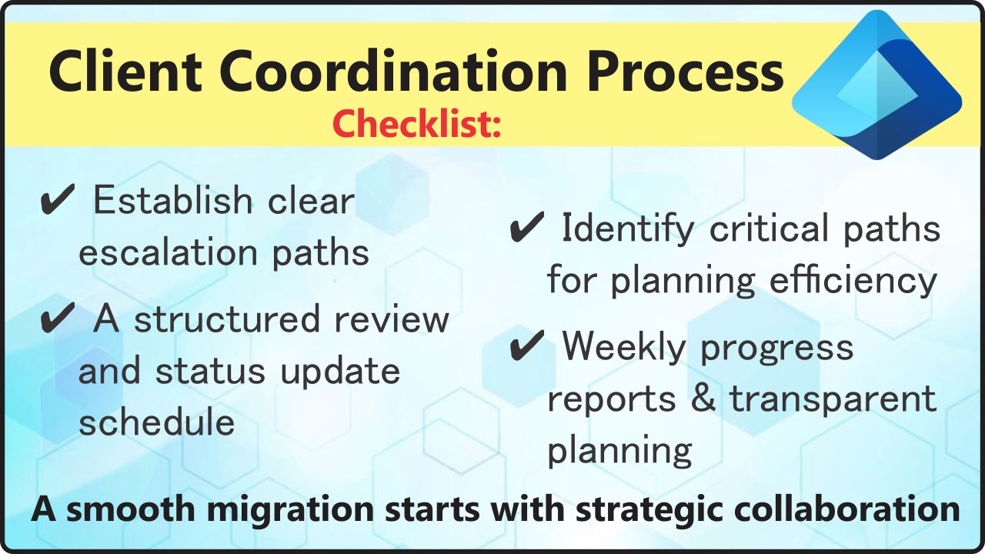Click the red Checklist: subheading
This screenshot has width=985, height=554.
point(416,124)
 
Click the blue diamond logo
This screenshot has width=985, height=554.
point(876,85)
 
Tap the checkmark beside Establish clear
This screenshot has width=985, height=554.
point(57,199)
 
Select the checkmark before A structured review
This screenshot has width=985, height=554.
point(57,318)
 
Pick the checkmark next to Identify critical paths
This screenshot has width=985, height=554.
point(527,227)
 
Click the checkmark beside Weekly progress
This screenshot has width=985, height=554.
point(527,345)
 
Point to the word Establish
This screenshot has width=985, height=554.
point(173,199)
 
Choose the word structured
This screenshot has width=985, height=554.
point(227,319)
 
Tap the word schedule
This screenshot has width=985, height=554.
point(156,422)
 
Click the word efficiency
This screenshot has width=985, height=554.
point(853,282)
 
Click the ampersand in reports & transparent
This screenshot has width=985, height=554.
point(703,398)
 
